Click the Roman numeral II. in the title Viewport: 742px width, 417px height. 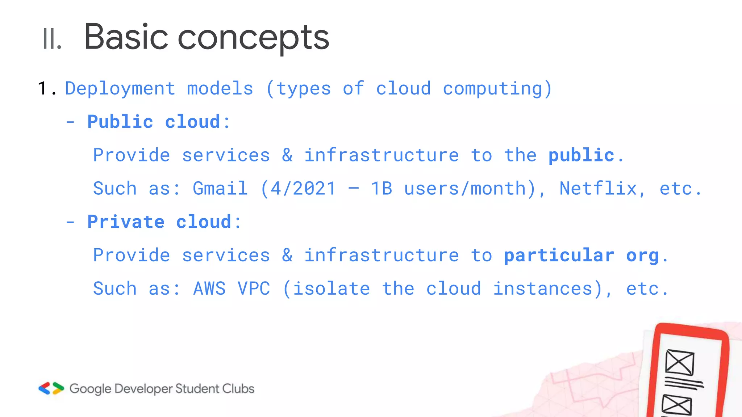52,39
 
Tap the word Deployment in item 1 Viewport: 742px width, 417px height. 120,89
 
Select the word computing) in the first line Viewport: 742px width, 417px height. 497,89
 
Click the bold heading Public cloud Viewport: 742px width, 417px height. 154,122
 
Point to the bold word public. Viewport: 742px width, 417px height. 581,156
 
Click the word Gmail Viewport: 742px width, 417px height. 220,189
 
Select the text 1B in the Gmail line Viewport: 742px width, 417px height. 381,189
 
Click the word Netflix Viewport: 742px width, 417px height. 598,189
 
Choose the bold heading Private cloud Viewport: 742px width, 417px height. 159,222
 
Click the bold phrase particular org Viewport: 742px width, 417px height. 581,256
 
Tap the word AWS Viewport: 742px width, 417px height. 209,289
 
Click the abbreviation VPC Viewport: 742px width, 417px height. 254,289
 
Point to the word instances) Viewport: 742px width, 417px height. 547,289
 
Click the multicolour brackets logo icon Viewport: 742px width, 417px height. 51,388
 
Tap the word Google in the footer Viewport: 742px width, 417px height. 90,389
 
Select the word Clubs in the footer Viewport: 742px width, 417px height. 238,389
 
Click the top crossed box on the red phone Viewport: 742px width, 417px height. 679,362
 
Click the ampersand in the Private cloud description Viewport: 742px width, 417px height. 287,256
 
